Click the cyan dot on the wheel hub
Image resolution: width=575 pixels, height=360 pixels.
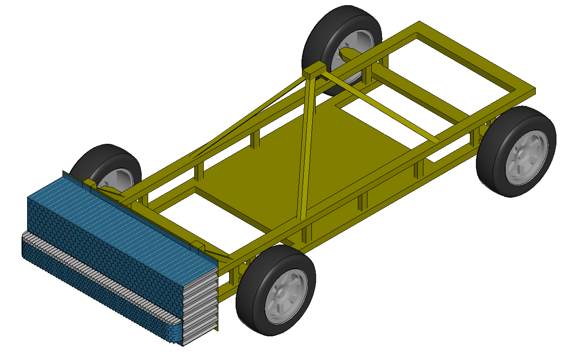pyautogui.click(x=522, y=154)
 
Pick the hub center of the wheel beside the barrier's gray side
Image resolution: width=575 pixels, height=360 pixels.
pyautogui.click(x=281, y=293)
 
